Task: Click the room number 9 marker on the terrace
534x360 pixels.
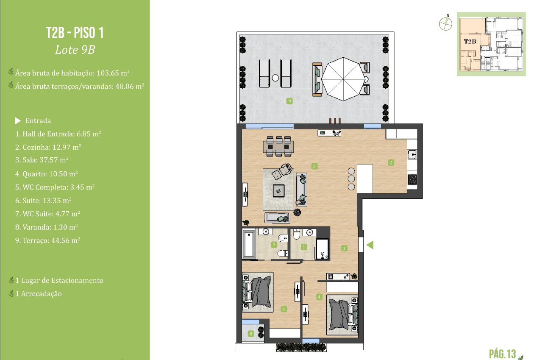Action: [x=289, y=101]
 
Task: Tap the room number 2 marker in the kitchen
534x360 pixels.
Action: [x=391, y=162]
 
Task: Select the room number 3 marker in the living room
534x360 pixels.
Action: [x=314, y=166]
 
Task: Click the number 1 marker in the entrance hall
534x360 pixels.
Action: [x=345, y=248]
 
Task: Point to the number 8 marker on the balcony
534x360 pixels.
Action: [x=251, y=334]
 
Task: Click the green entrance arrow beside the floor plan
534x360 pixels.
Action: [x=370, y=245]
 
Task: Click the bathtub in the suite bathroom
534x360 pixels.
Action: [x=248, y=244]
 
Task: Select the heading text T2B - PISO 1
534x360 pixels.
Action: [x=75, y=33]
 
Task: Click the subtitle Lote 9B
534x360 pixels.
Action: [x=75, y=50]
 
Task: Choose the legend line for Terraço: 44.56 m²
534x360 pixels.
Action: [x=48, y=240]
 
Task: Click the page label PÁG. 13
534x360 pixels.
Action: [x=503, y=353]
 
